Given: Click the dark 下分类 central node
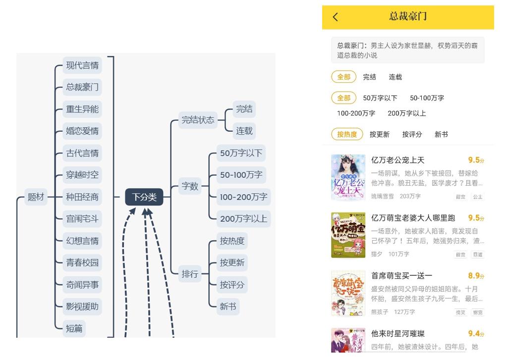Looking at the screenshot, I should [144, 197].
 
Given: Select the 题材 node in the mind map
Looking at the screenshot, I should [36, 197].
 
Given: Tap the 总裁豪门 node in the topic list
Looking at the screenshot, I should [82, 87].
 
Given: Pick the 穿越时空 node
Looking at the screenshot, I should [82, 175].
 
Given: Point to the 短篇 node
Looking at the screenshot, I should [74, 328].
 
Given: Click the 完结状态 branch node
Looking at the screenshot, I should [198, 120].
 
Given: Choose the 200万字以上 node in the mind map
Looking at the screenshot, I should [243, 219].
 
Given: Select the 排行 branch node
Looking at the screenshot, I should [190, 274].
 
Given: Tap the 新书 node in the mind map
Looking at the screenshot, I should [228, 307].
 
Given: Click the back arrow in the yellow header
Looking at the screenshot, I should [336, 17].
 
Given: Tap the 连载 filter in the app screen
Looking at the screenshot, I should [395, 77].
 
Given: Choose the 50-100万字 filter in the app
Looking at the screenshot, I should [427, 98].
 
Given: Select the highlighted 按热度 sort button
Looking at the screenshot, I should [347, 134].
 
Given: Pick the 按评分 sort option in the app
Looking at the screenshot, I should [412, 134].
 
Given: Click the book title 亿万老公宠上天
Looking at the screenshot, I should [398, 160].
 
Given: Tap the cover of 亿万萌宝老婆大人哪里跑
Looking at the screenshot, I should [348, 235].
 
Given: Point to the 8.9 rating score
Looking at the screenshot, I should [474, 276].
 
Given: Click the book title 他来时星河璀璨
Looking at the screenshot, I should [398, 334].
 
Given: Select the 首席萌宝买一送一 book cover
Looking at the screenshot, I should [348, 293].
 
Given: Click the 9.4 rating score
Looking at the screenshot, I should [474, 334].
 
